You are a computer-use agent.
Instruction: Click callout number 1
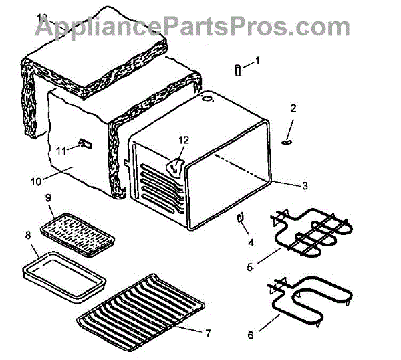(258, 60)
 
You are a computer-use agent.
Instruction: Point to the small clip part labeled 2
(289, 141)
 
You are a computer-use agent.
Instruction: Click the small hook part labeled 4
(239, 218)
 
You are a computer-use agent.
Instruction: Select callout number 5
(249, 268)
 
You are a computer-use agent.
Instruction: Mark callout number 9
(48, 198)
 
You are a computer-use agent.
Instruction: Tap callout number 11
(61, 151)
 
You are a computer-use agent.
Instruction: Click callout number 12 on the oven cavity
(183, 140)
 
